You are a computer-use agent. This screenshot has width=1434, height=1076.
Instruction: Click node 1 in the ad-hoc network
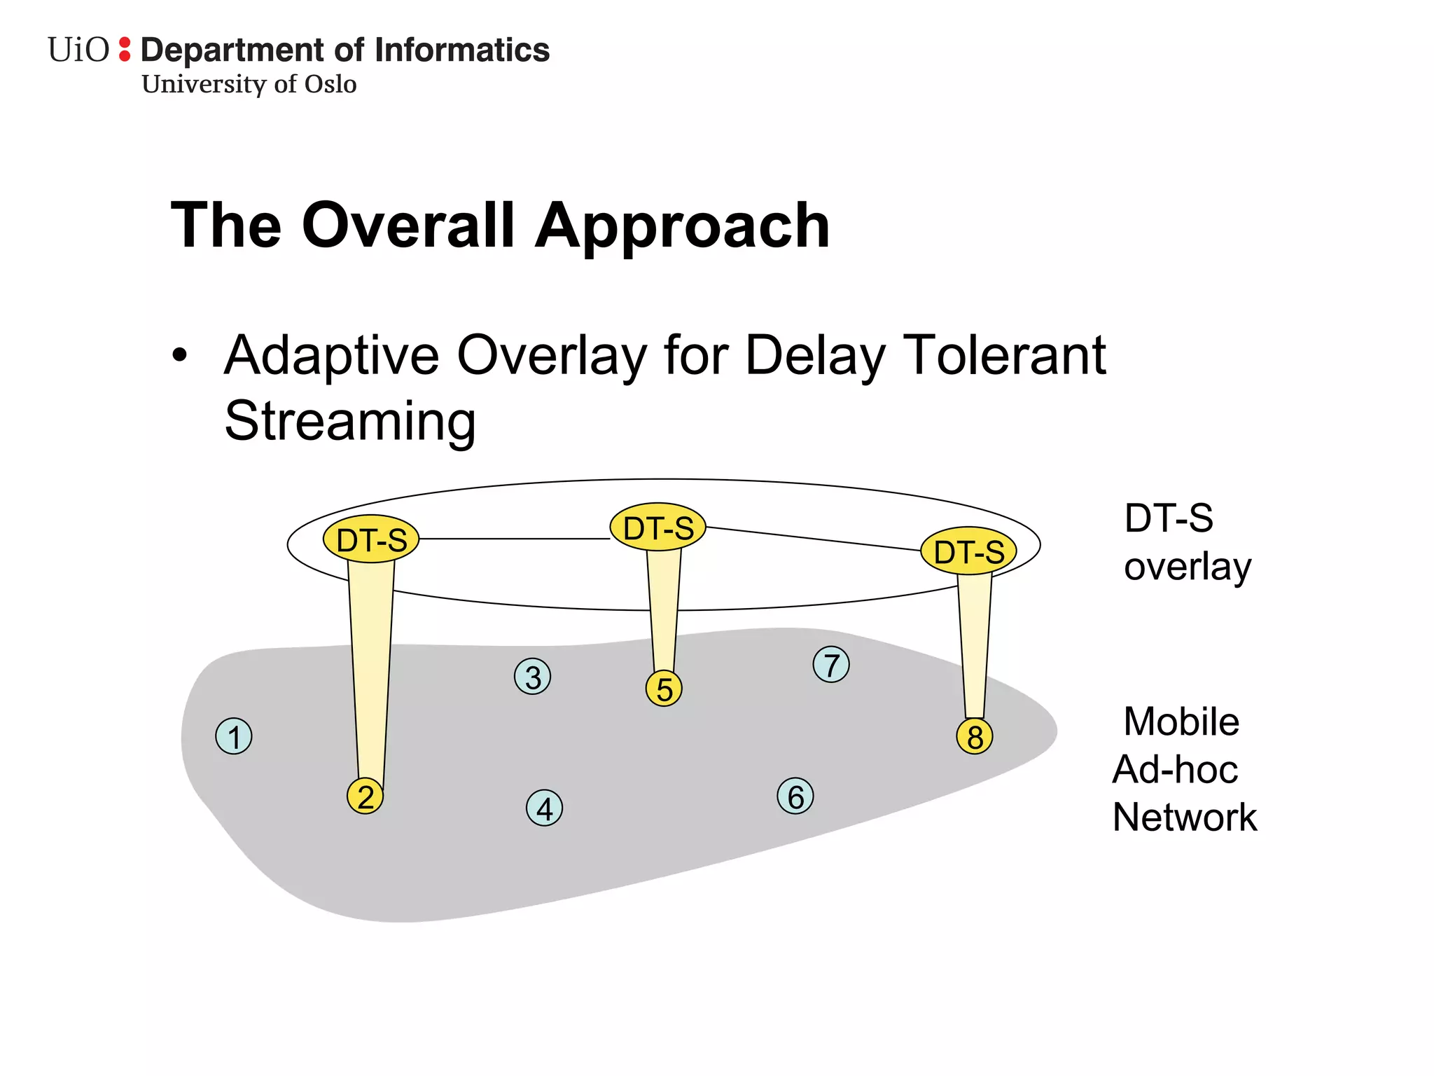tap(234, 736)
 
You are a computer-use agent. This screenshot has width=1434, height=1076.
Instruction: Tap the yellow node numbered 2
tap(366, 796)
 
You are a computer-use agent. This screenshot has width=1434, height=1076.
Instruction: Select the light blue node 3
tap(533, 677)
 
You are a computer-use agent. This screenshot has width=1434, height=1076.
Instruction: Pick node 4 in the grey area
tap(545, 808)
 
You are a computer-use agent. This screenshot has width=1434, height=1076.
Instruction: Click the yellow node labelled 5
tap(664, 689)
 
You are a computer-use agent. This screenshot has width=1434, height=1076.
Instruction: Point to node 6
tap(795, 796)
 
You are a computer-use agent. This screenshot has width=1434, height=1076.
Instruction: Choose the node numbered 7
tap(831, 665)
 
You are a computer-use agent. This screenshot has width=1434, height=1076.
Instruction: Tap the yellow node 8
tap(975, 736)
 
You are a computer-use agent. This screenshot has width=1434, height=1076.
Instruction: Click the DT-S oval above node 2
tap(371, 539)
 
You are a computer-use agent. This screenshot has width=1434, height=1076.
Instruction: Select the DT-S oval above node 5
tap(657, 527)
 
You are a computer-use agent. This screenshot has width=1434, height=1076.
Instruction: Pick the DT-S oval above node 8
tap(968, 551)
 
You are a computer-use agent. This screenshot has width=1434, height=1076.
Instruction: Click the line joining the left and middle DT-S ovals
tap(515, 539)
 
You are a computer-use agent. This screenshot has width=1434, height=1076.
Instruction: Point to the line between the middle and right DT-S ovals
tap(812, 539)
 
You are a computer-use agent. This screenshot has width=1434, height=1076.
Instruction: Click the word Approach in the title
tap(683, 226)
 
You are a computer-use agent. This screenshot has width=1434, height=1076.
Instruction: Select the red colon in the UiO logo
tap(125, 49)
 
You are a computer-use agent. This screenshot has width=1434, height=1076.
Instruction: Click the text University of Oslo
tap(249, 85)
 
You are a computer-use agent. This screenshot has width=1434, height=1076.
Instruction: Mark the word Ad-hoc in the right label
tap(1176, 769)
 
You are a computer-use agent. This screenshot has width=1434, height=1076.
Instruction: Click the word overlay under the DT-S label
tap(1188, 566)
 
